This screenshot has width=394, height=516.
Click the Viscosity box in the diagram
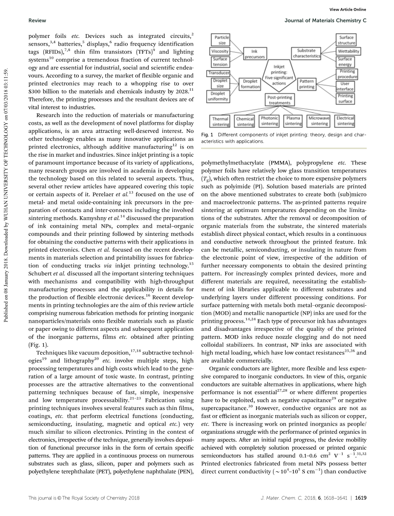coord(220,51)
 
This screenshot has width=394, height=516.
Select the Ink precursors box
coord(255,54)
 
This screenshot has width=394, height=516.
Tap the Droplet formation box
coord(250,84)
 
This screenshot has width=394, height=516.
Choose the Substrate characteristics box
coord(307,53)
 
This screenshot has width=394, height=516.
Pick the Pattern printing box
coord(307,84)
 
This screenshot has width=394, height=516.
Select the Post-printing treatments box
coord(279,100)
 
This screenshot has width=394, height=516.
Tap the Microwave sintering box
coord(319,121)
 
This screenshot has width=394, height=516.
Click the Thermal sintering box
coord(221,121)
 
